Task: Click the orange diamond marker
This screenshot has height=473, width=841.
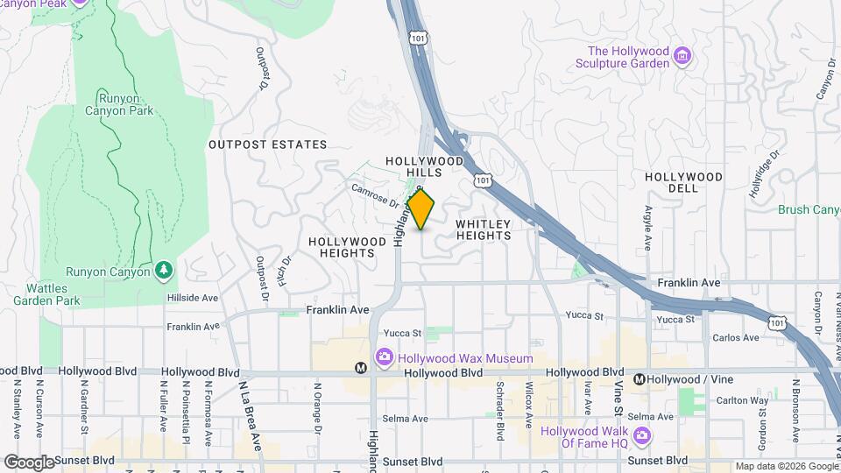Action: (421, 210)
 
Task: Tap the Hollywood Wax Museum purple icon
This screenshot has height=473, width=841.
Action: (384, 357)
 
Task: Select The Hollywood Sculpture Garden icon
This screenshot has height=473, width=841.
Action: (682, 57)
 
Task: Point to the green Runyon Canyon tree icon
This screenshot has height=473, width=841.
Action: (163, 271)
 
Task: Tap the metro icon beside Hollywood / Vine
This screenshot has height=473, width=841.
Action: (640, 379)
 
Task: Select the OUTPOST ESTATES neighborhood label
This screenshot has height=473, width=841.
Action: (267, 145)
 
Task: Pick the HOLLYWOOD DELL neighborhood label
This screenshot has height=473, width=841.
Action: (683, 182)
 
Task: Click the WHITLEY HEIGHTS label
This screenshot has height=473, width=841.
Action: (483, 229)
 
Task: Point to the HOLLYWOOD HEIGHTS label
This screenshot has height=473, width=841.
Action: (347, 247)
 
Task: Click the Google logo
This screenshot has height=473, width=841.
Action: (29, 462)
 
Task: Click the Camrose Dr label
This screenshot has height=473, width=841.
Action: (376, 194)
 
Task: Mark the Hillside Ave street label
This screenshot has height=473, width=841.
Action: (192, 298)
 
